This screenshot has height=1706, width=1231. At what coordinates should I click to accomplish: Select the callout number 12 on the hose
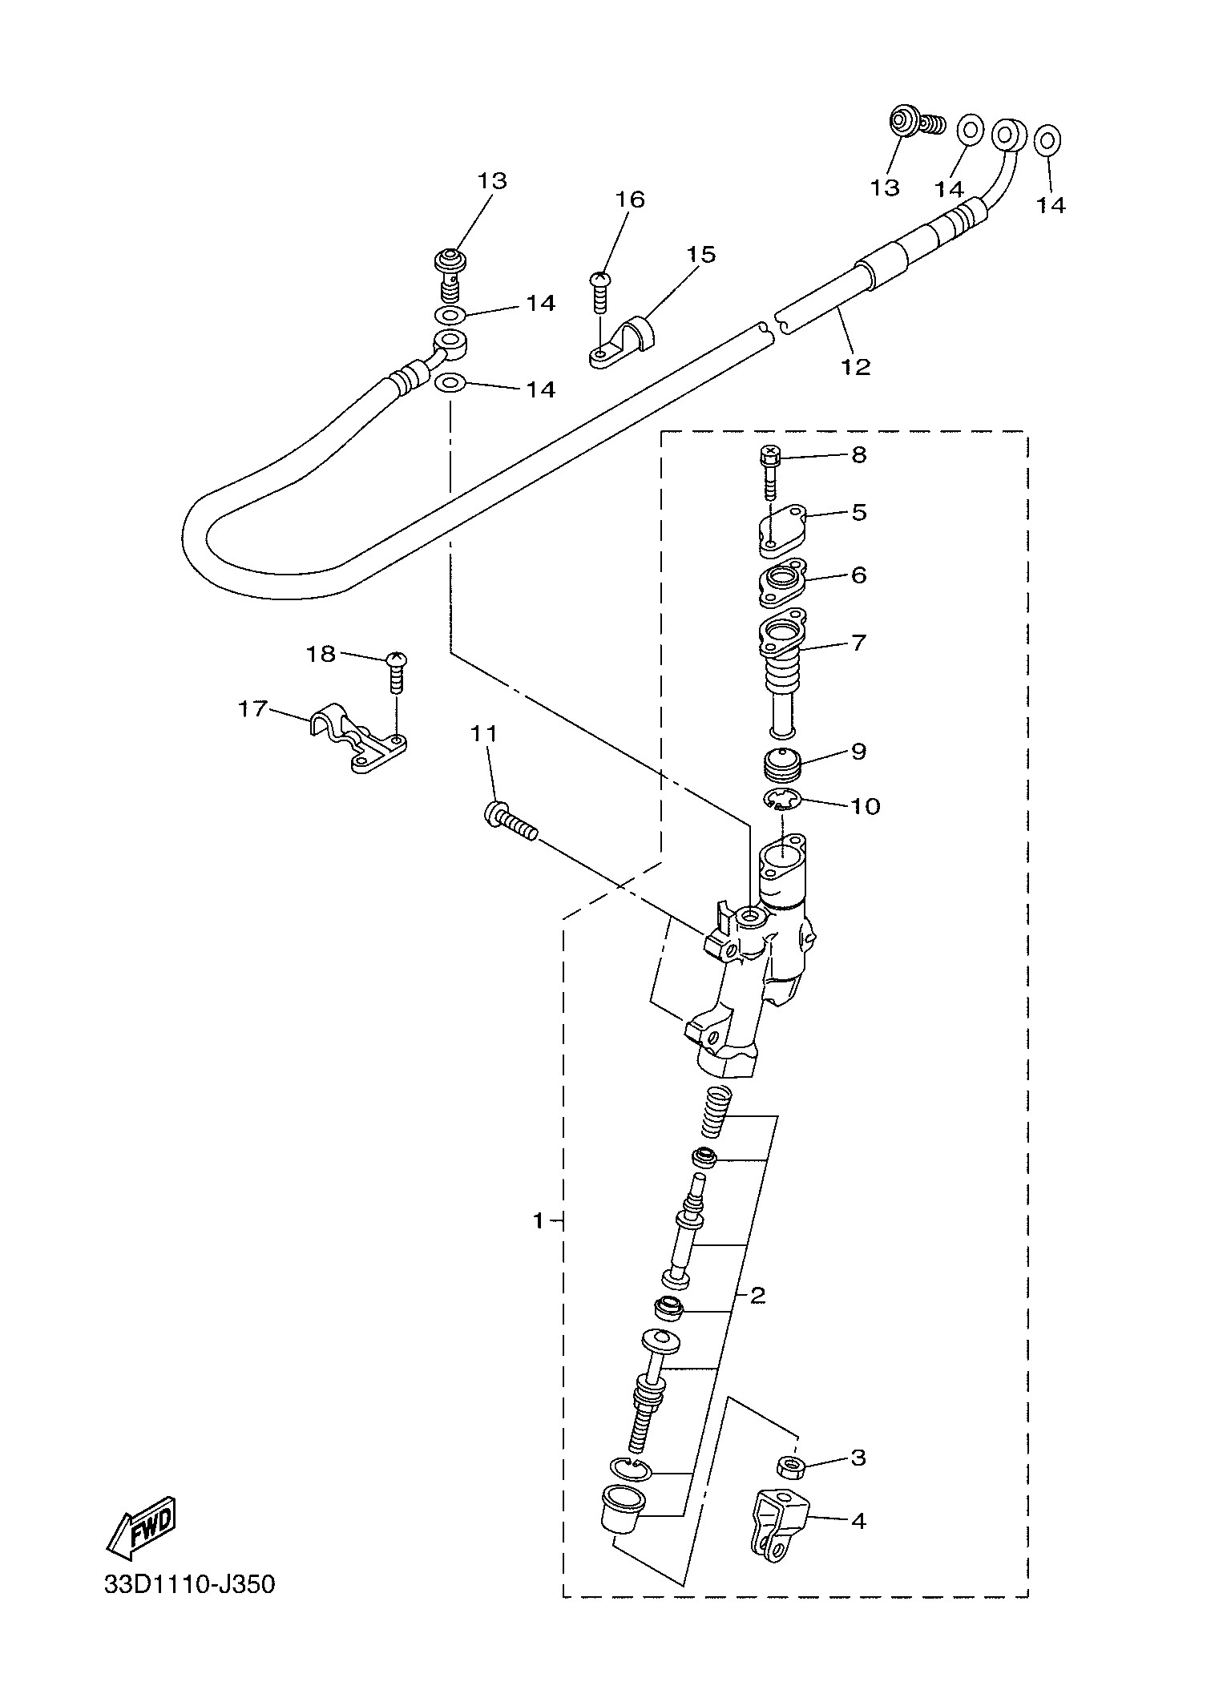(x=855, y=366)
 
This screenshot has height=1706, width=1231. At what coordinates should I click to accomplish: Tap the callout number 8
(x=858, y=455)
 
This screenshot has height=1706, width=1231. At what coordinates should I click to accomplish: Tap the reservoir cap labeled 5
(x=781, y=528)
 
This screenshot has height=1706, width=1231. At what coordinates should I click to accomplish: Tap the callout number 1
(x=539, y=1244)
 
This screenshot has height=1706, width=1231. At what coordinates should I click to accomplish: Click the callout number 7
(x=858, y=643)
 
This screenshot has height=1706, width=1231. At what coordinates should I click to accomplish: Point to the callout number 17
(x=252, y=709)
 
